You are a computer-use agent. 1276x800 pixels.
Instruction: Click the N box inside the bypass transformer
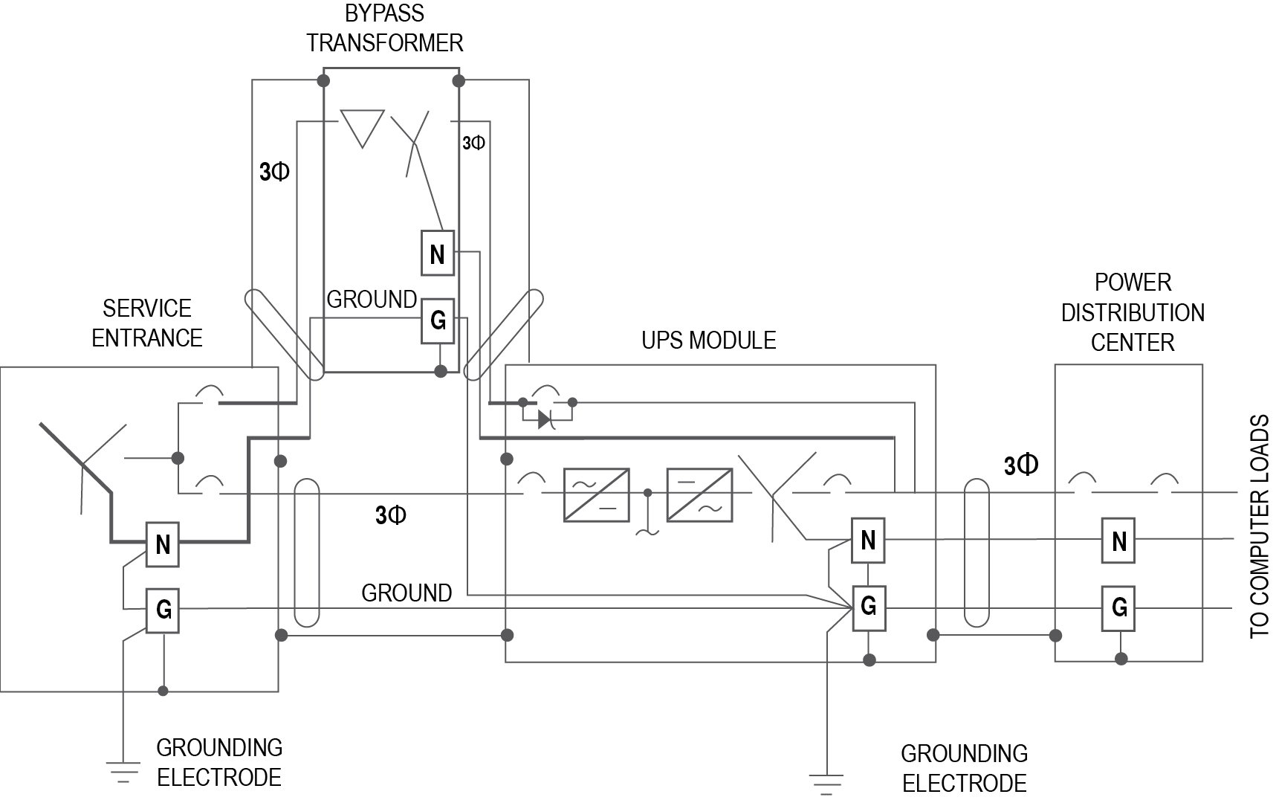437,254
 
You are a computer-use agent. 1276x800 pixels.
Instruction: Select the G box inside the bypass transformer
438,320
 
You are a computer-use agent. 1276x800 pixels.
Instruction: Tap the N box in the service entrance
163,544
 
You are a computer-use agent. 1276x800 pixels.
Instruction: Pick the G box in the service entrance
163,610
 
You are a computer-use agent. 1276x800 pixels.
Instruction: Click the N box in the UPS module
867,540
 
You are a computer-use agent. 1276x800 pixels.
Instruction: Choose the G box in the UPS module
867,607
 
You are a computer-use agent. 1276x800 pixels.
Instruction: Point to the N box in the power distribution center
1119,541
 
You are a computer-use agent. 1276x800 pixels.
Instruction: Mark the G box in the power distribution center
1119,607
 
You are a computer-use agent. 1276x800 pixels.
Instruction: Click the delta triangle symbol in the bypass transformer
362,127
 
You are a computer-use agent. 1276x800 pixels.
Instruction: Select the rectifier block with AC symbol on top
597,494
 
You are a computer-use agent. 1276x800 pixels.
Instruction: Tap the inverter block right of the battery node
699,494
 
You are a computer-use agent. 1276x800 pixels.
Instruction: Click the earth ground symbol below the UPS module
826,783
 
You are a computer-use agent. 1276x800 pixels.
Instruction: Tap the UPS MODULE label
708,341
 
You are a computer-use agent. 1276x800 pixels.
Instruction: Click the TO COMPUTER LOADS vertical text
1259,526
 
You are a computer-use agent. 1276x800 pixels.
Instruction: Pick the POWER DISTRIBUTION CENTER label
1132,312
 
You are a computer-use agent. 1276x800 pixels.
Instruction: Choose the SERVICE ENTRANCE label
147,323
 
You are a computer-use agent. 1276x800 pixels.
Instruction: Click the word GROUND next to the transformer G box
372,300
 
